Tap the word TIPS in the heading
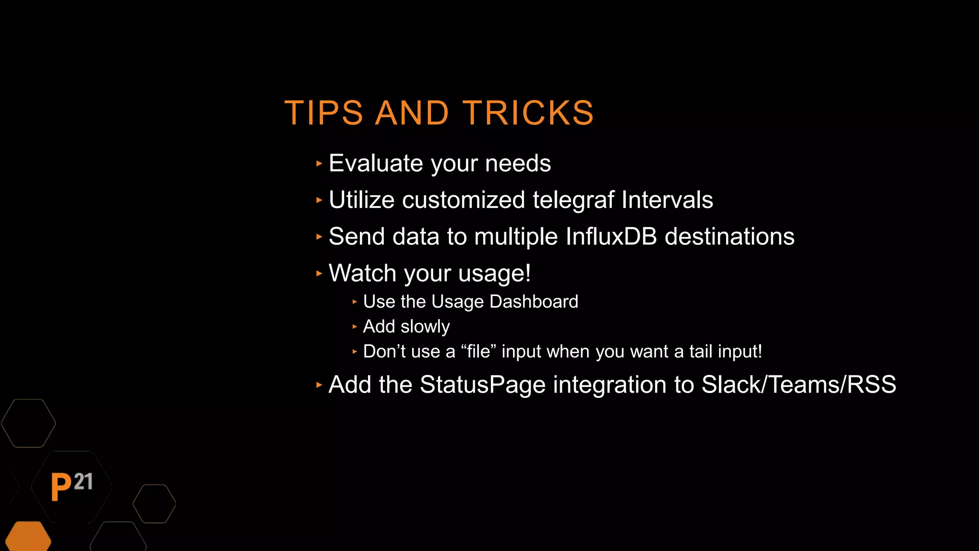[x=324, y=113]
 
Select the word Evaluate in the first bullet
[x=376, y=164]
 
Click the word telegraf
[x=573, y=200]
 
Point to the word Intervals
[x=667, y=200]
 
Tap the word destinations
[x=729, y=237]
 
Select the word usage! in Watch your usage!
[x=494, y=274]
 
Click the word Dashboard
[x=533, y=302]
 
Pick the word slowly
[x=425, y=327]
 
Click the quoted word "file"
[x=479, y=352]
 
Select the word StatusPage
[x=482, y=385]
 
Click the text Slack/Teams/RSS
[x=798, y=385]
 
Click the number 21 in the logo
[x=84, y=482]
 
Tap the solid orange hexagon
[x=28, y=537]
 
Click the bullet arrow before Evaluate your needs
[x=319, y=164]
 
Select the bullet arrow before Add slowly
[x=354, y=327]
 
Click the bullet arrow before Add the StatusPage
[x=319, y=385]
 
